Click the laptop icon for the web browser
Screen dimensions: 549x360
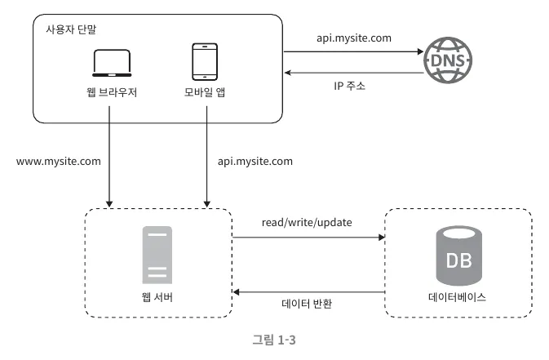click(x=112, y=63)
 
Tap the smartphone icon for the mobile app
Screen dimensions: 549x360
click(x=205, y=62)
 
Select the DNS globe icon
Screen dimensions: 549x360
click(x=448, y=60)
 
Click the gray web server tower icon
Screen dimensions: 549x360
click(x=157, y=255)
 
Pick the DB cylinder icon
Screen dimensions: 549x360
click(x=458, y=256)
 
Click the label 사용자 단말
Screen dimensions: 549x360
click(x=71, y=29)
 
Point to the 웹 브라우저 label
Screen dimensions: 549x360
click(x=112, y=92)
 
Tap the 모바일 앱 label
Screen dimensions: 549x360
click(x=205, y=92)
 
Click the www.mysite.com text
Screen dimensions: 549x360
click(x=59, y=162)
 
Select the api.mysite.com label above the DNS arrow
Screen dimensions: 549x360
click(x=354, y=38)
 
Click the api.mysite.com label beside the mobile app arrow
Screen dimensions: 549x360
click(x=255, y=162)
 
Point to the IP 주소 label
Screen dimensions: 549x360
click(x=349, y=86)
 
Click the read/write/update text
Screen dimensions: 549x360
click(x=307, y=223)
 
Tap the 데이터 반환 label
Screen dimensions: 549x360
click(x=307, y=304)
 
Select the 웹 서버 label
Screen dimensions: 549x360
click(x=157, y=297)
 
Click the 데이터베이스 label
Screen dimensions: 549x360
click(x=458, y=297)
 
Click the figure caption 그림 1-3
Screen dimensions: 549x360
click(x=274, y=340)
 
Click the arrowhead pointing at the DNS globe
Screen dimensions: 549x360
click(x=420, y=52)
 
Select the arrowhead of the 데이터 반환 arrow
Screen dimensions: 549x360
click(x=237, y=292)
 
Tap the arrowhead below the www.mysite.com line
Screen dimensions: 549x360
click(x=109, y=204)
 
